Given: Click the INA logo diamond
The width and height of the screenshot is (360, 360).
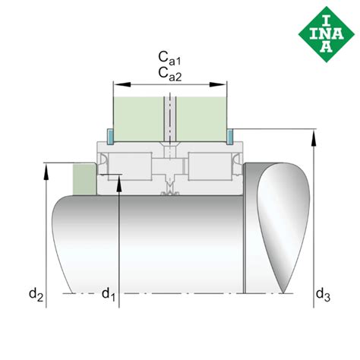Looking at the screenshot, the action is pyautogui.click(x=327, y=34).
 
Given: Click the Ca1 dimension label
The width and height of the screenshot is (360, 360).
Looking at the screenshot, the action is pyautogui.click(x=169, y=58).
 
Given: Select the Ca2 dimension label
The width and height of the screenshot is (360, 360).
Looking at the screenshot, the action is pyautogui.click(x=170, y=74).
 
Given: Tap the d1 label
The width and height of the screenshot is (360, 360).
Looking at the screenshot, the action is pyautogui.click(x=109, y=295).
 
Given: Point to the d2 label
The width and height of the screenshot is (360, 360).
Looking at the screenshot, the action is pyautogui.click(x=36, y=295).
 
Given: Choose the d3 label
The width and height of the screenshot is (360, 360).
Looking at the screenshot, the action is pyautogui.click(x=323, y=295).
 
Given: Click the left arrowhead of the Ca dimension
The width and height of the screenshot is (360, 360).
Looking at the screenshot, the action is pyautogui.click(x=122, y=84).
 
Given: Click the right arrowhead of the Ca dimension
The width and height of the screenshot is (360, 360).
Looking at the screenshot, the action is pyautogui.click(x=217, y=84).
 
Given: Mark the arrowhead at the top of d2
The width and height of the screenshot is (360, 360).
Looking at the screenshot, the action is pyautogui.click(x=46, y=172).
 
